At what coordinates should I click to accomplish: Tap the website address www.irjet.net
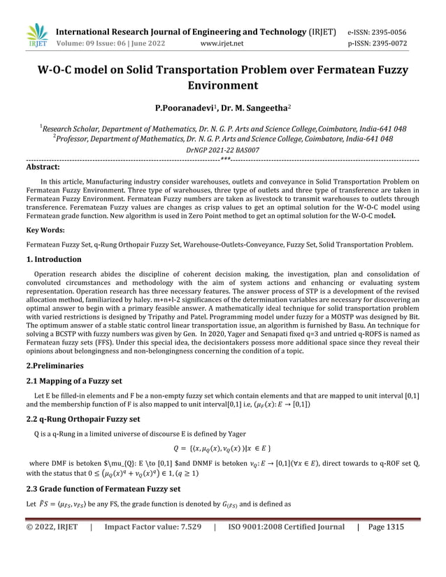pos(222,44)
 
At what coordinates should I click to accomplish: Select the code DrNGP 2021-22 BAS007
pos(222,150)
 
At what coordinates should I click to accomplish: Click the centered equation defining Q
pos(222,448)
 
